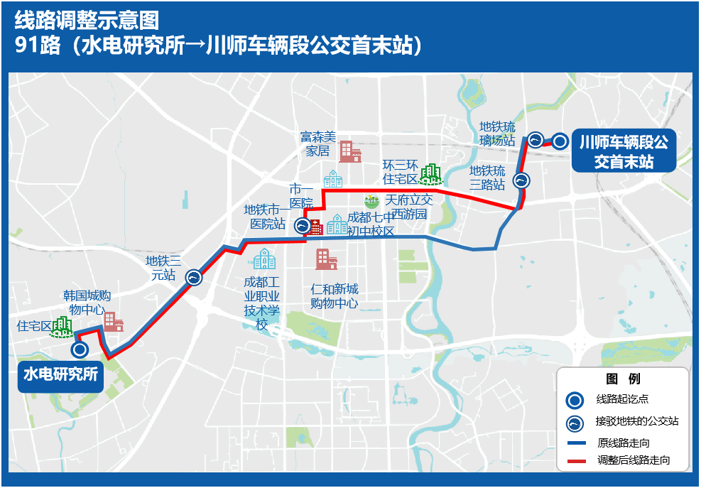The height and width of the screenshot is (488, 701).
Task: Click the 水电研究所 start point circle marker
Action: (x=80, y=349)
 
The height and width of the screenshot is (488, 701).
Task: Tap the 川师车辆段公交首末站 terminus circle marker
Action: (x=560, y=141)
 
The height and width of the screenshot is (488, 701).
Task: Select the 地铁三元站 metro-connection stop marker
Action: (x=194, y=278)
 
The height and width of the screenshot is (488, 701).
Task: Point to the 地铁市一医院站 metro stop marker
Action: (x=302, y=227)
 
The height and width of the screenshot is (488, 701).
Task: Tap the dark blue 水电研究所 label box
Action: (x=60, y=374)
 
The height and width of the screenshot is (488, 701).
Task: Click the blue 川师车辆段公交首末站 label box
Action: (x=623, y=152)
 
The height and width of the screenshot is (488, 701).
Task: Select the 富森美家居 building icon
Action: (x=349, y=151)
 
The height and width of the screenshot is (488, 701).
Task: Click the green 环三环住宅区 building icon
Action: (x=430, y=173)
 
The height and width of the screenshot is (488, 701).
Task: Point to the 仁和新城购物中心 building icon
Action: (x=326, y=260)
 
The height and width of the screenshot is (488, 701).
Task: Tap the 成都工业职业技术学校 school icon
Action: (x=264, y=259)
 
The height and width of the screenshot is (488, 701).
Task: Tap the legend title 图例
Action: (x=622, y=379)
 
